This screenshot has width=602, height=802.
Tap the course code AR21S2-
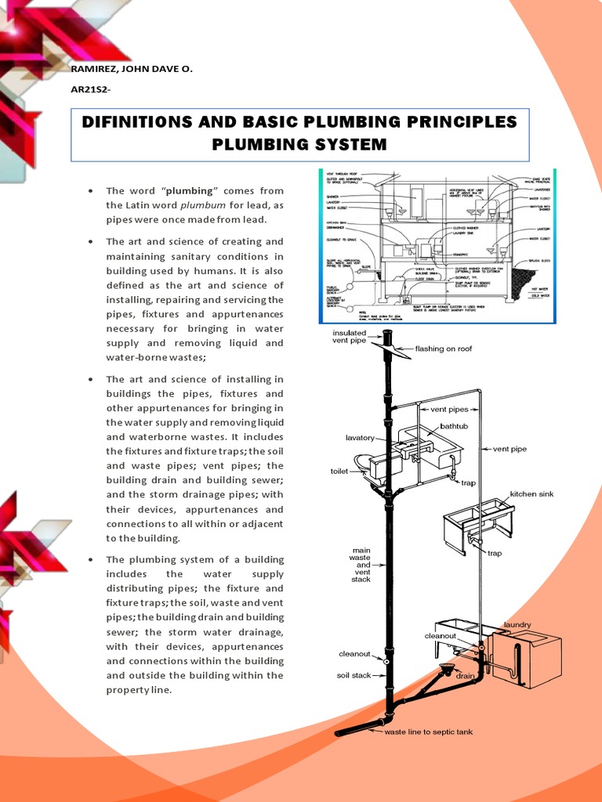[90, 90]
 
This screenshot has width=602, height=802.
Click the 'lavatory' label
[360, 438]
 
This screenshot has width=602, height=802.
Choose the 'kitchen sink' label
[532, 494]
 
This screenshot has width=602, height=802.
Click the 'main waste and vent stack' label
[361, 565]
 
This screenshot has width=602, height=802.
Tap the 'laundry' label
[517, 624]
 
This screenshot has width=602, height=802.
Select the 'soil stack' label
[354, 675]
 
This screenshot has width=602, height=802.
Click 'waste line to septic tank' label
[428, 733]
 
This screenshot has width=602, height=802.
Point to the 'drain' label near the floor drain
[466, 673]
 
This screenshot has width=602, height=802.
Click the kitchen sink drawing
[478, 526]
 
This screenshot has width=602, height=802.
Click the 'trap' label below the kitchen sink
[495, 553]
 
